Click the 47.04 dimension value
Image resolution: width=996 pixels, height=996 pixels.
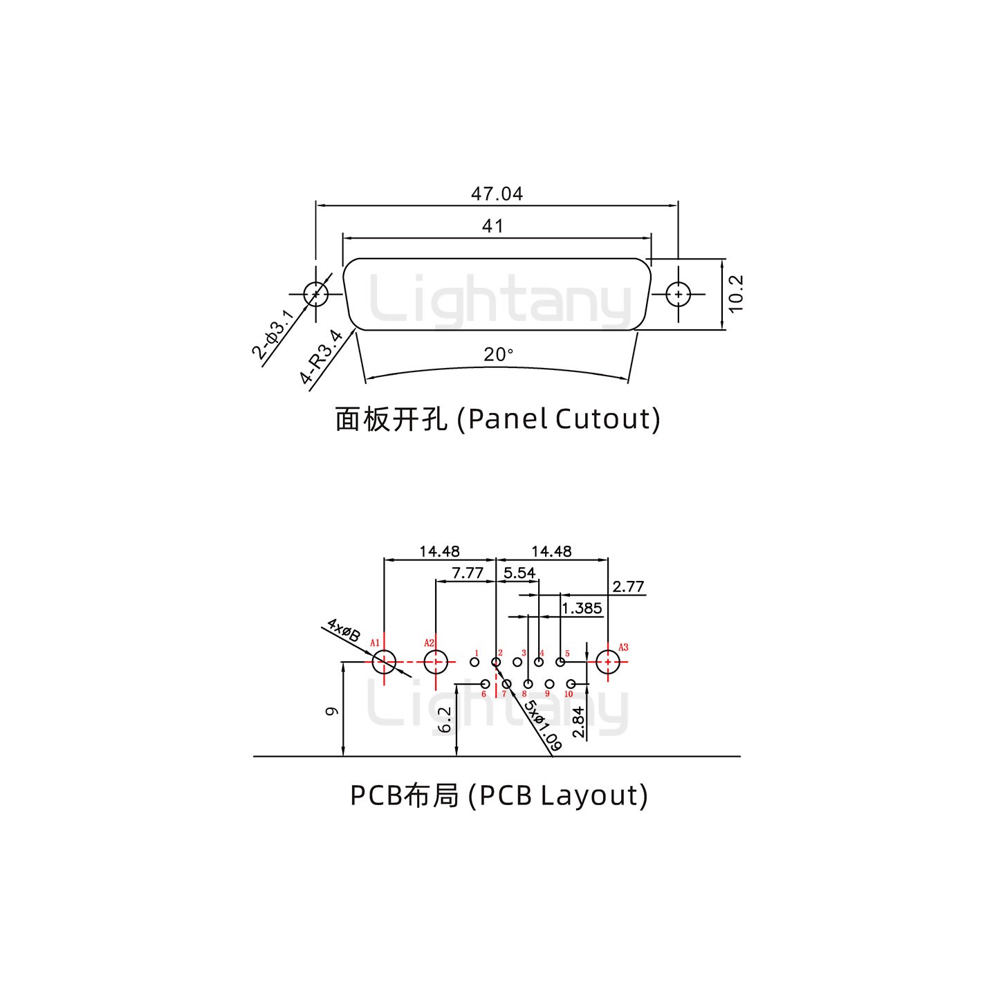497,194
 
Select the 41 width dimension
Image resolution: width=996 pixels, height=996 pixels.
492,226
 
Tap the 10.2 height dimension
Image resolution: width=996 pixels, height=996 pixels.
735,294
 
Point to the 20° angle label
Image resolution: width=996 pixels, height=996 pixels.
498,355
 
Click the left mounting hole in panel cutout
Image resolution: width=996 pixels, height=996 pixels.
316,294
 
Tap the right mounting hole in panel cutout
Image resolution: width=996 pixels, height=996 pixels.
679,294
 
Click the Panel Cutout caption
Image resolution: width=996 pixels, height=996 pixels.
497,419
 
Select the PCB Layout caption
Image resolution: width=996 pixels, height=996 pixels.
499,795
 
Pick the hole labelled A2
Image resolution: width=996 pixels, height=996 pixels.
435,662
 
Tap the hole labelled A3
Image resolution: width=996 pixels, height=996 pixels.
608,662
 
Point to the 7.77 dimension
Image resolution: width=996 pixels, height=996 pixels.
468,573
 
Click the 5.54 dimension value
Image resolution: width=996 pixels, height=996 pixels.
519,573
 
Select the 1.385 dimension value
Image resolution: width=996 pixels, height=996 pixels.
582,609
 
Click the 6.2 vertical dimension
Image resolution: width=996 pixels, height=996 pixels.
446,719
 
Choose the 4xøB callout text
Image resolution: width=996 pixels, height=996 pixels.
344,630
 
